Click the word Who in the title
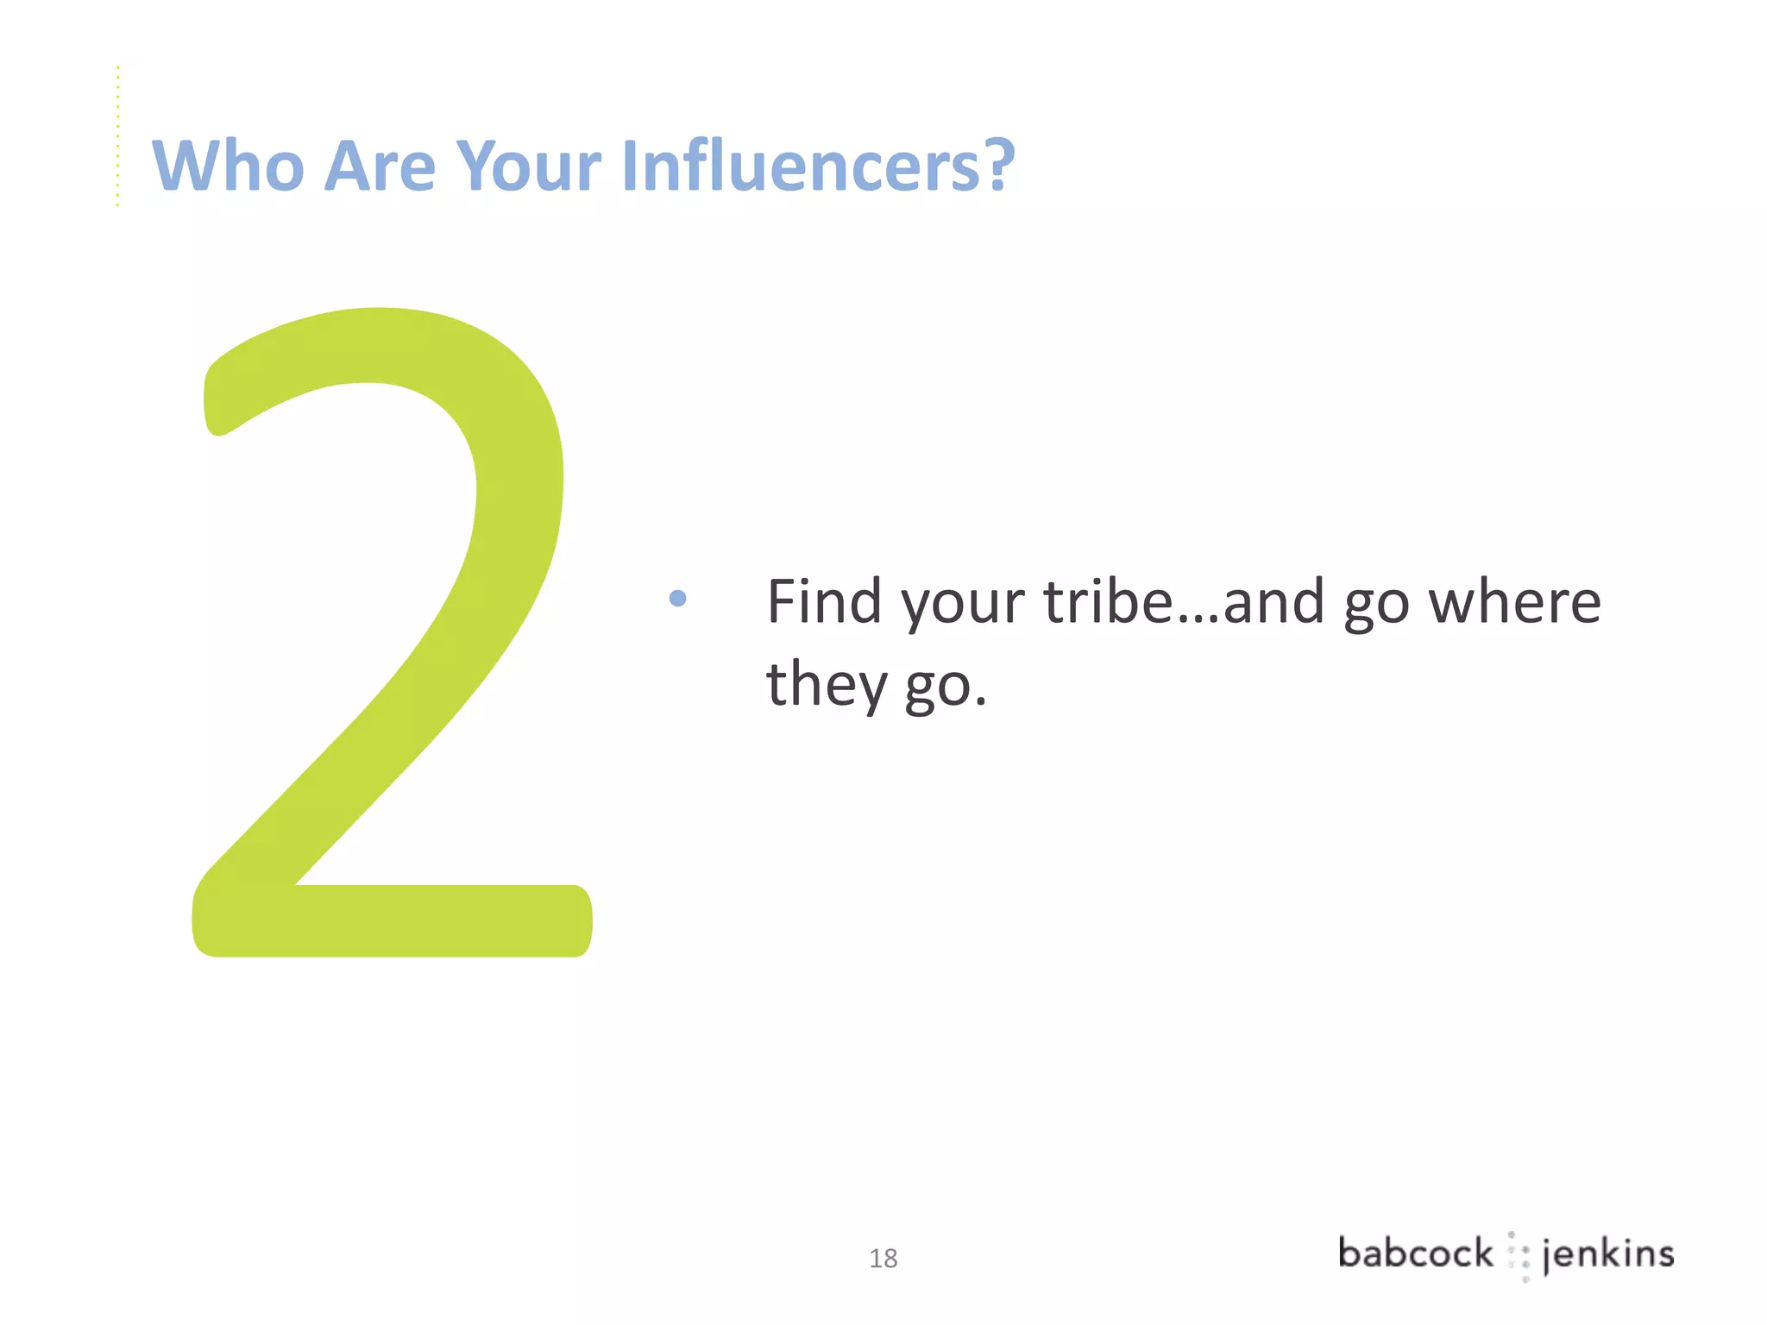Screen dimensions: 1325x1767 pyautogui.click(x=228, y=166)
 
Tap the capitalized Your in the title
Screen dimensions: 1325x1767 pyautogui.click(x=528, y=166)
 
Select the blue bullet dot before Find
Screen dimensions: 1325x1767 pyautogui.click(x=678, y=598)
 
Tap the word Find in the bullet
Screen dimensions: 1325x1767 pyautogui.click(x=824, y=601)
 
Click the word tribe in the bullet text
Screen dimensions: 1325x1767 pyautogui.click(x=1109, y=601)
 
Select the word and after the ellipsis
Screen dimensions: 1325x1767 pyautogui.click(x=1273, y=601)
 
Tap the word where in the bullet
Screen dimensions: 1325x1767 pyautogui.click(x=1515, y=601)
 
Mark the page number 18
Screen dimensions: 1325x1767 pyautogui.click(x=883, y=1259)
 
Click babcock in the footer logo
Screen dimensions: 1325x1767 pyautogui.click(x=1415, y=1253)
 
